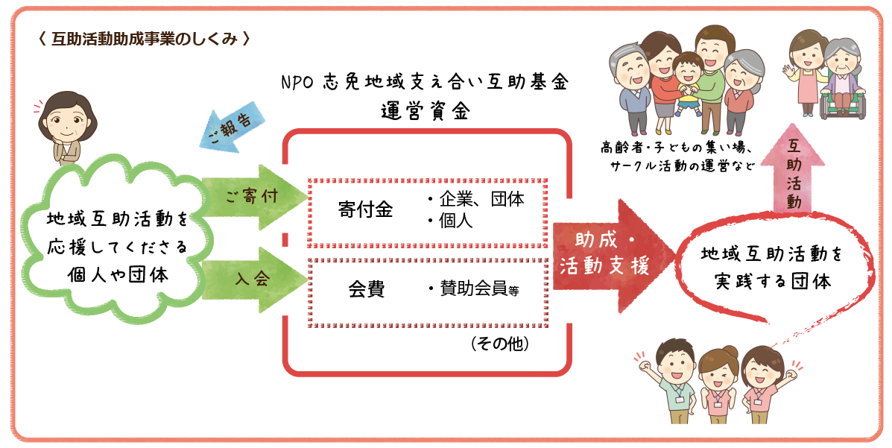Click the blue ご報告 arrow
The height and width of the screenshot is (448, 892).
pos(233,127)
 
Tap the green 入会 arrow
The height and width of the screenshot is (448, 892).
pos(253,280)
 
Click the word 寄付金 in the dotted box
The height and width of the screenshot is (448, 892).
pos(365,209)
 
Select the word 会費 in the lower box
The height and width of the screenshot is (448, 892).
pos(367,289)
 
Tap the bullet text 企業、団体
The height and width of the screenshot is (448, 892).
pos(476,200)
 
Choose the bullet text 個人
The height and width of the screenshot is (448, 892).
pos(451,221)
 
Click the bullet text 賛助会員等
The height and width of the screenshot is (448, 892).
pos(474,290)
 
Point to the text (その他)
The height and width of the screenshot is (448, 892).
pos(500,344)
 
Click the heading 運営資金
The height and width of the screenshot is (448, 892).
pos(426,112)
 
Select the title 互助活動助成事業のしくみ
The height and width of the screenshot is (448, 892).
pos(144,39)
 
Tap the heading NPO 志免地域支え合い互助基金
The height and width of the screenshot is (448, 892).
pos(426,82)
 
